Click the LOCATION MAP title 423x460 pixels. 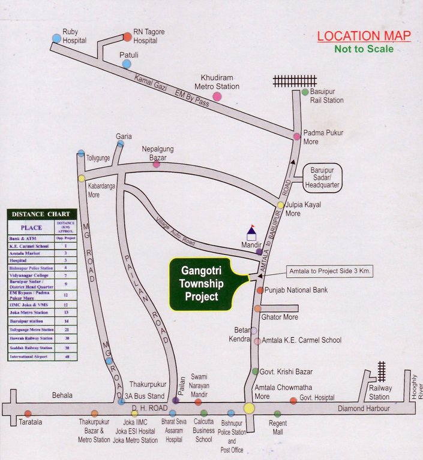364,36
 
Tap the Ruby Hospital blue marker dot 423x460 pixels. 56,38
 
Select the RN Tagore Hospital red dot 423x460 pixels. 127,37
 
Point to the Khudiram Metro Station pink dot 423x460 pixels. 217,96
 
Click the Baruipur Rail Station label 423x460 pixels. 326,96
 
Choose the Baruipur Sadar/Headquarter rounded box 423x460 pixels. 322,178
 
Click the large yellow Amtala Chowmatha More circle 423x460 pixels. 249,408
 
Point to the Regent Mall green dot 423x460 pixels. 277,413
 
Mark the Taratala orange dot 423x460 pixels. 28,413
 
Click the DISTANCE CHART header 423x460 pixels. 41,214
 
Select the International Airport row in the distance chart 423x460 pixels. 41,356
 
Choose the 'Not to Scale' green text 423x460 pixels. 364,49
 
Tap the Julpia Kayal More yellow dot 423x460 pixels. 280,205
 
